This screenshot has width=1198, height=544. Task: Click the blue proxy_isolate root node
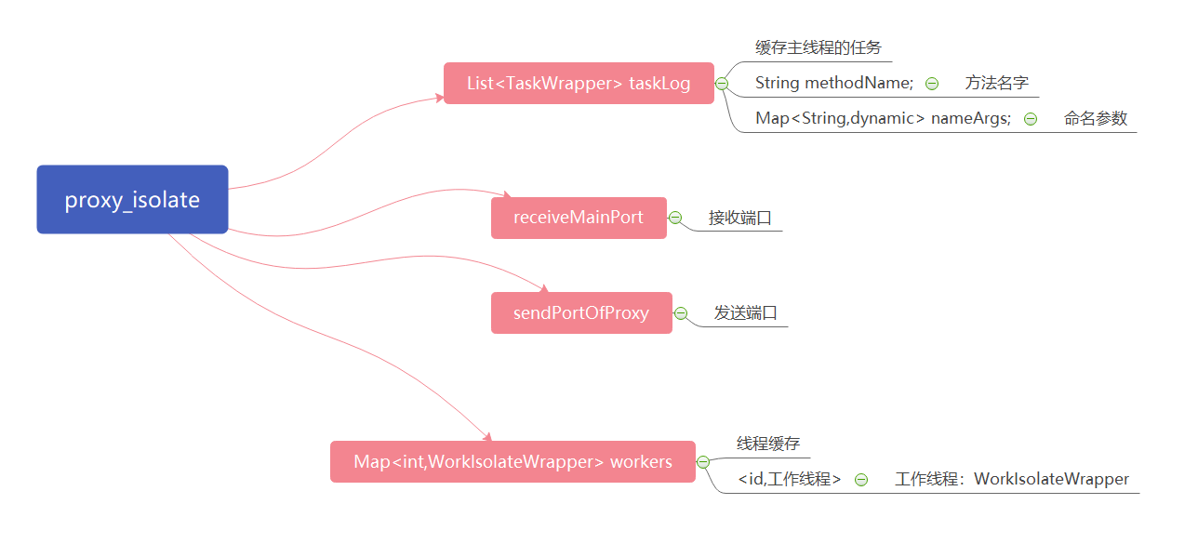click(132, 200)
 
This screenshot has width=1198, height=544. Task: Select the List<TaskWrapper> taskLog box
click(579, 84)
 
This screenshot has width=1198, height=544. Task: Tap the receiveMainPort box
click(579, 218)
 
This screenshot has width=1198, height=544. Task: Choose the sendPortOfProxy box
click(581, 312)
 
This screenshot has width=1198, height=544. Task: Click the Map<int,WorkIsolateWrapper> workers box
click(512, 461)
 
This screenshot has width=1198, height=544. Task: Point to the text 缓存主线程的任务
click(819, 48)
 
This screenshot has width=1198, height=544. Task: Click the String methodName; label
click(834, 83)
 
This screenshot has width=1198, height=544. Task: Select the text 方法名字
click(997, 83)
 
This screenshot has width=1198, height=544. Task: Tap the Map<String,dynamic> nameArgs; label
click(883, 118)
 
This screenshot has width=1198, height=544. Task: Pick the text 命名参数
click(1096, 118)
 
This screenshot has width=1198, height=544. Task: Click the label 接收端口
click(740, 218)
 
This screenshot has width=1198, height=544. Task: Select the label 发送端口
click(746, 312)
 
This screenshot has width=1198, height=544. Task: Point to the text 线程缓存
click(768, 444)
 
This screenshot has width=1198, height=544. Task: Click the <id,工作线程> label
click(790, 479)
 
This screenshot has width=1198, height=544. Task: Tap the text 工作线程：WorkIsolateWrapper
click(1012, 479)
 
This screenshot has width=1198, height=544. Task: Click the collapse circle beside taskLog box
click(721, 84)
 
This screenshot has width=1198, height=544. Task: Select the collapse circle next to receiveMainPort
click(675, 218)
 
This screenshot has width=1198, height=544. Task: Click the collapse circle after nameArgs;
click(1031, 118)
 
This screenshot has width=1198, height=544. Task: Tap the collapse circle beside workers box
click(702, 461)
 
